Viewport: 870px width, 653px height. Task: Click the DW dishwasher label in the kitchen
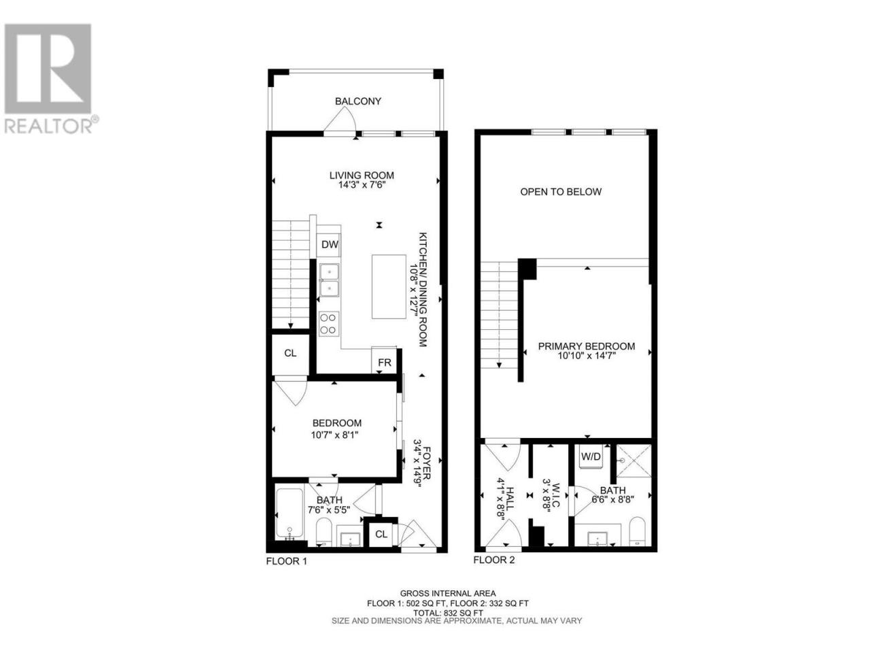coord(330,244)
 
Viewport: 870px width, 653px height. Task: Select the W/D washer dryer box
coord(591,456)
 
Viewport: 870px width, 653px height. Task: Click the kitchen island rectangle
coord(388,286)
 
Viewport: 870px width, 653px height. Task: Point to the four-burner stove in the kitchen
coord(328,324)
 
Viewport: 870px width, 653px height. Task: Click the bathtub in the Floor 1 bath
coord(290,513)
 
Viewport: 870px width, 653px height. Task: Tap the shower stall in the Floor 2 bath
coord(633,461)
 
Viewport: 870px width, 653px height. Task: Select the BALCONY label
coord(358,101)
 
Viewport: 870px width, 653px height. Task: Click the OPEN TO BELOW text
coord(561,192)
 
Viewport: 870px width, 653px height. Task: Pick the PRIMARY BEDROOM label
coord(586,346)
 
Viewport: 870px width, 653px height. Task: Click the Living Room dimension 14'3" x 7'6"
coord(357,185)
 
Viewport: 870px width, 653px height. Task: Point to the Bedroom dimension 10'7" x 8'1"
coord(334,435)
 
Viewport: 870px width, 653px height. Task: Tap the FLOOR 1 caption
coord(287,561)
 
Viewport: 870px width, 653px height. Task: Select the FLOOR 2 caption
coord(494,560)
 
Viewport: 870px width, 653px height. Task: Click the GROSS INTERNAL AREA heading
coord(448,594)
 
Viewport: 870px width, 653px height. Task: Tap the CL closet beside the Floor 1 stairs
coord(290,353)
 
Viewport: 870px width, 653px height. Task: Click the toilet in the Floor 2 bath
coord(638,531)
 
